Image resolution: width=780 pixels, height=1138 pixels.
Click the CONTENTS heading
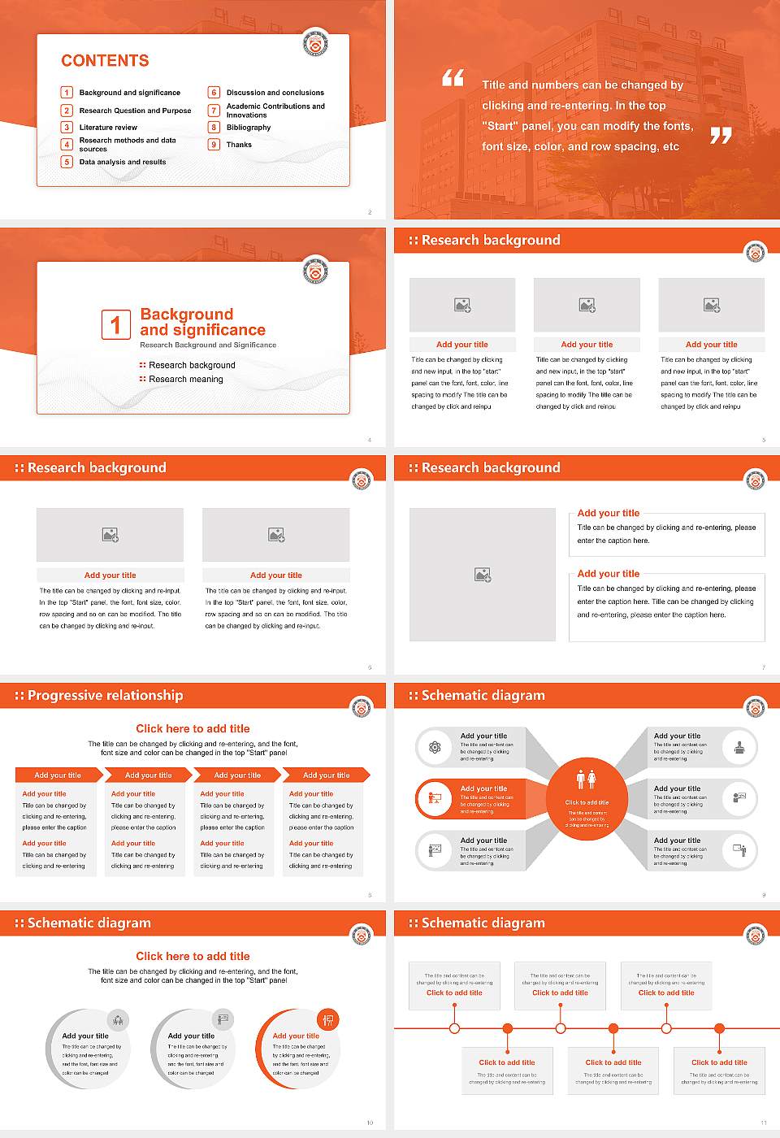click(x=105, y=61)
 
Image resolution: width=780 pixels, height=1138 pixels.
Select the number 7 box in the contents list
click(x=214, y=111)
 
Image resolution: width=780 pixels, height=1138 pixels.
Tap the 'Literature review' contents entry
click(x=108, y=128)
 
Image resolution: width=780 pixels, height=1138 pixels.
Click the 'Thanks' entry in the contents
click(x=239, y=145)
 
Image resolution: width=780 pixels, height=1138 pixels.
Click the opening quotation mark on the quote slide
click(x=453, y=78)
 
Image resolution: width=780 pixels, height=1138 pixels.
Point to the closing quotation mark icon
click(x=721, y=136)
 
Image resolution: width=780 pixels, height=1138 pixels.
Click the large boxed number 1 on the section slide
click(x=115, y=324)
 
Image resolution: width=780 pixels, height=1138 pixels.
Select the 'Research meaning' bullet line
click(x=185, y=380)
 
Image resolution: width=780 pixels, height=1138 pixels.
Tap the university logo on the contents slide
click(x=315, y=42)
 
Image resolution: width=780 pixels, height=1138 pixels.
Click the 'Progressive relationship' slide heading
click(x=105, y=696)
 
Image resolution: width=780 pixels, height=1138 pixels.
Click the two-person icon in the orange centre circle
click(x=586, y=780)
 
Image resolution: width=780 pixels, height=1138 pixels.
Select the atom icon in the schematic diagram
click(x=435, y=747)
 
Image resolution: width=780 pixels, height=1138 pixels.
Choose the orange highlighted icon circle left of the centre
click(x=435, y=799)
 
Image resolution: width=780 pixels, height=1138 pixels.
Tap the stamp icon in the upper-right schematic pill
click(x=739, y=747)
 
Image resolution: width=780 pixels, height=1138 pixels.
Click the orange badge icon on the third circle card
click(x=328, y=1019)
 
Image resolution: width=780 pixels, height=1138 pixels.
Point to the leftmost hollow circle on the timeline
click(x=454, y=1028)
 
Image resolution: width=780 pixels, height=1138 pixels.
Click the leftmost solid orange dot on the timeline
click(x=508, y=1028)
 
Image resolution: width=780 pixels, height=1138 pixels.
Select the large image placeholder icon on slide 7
click(x=483, y=575)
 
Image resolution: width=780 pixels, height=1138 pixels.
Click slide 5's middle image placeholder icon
click(x=587, y=305)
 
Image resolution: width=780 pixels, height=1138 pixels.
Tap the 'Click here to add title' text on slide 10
click(x=193, y=956)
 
